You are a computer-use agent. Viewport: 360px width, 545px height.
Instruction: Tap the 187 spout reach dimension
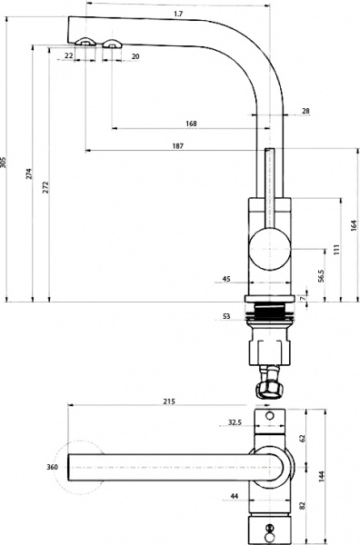point(177,146)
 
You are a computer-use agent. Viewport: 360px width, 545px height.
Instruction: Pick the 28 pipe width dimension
point(305,111)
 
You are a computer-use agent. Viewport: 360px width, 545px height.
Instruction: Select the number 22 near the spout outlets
point(70,56)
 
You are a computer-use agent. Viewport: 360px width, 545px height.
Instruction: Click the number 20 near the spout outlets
point(135,56)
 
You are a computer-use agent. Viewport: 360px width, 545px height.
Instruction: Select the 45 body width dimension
point(225,279)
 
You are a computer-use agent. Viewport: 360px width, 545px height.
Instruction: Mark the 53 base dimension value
point(226,316)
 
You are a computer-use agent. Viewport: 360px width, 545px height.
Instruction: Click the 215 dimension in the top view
point(169,401)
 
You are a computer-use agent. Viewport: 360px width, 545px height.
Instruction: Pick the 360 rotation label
point(52,467)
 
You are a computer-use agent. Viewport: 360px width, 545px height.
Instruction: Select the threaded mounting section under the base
point(269,315)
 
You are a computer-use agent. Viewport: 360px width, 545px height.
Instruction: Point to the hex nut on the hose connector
point(270,389)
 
